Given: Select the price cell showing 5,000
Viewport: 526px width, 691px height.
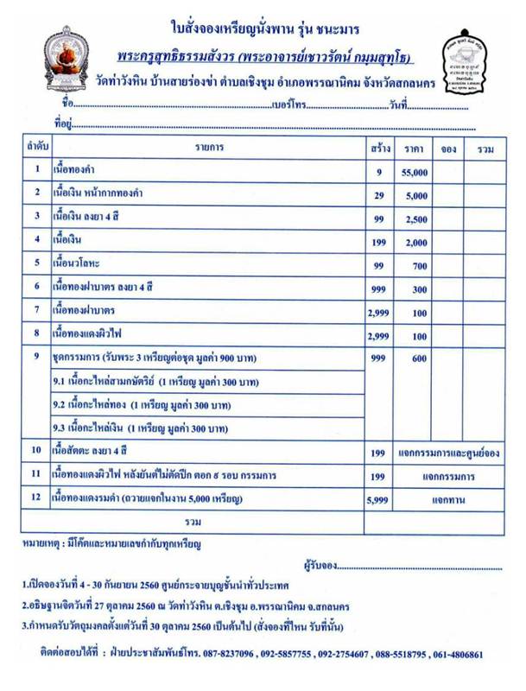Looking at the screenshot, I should click(x=415, y=196).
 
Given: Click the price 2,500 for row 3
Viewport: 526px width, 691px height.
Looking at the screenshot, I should click(x=415, y=219).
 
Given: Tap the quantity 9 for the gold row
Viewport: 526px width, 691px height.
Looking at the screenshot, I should click(x=378, y=173).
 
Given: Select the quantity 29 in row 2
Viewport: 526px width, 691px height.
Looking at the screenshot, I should click(x=378, y=196).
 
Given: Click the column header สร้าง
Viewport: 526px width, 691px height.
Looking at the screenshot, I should click(x=378, y=149).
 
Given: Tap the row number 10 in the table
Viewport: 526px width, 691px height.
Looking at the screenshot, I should click(x=35, y=450).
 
